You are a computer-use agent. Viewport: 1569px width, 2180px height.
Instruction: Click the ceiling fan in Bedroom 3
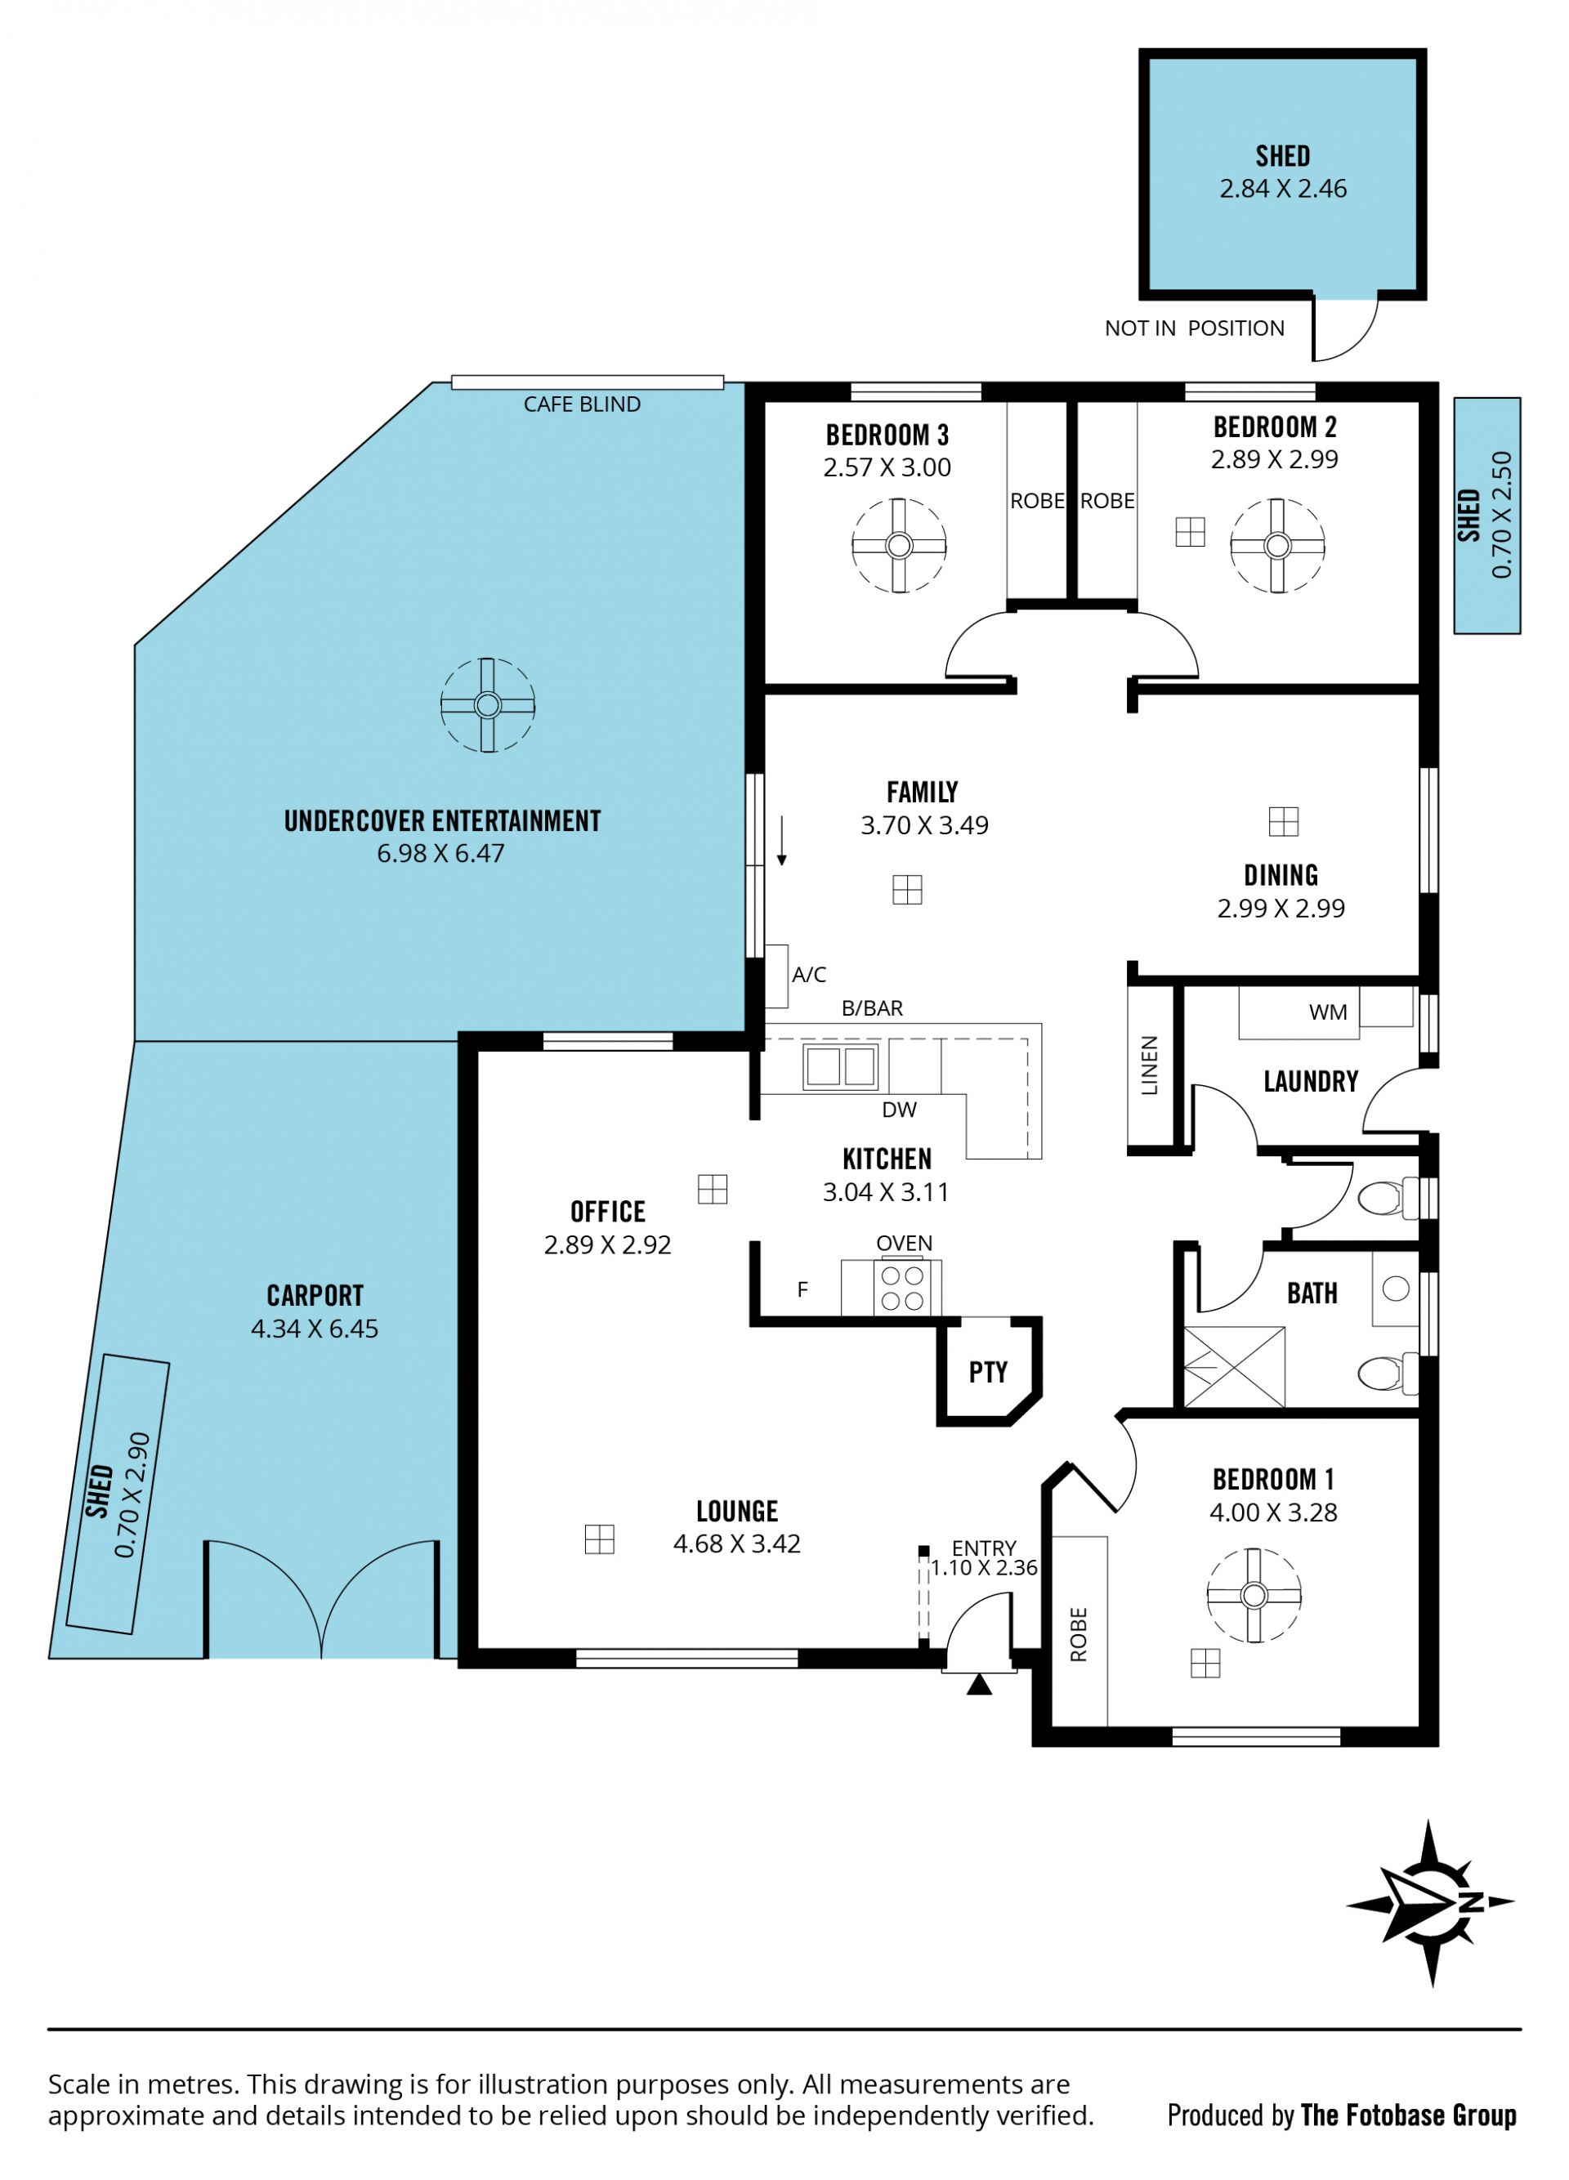(898, 545)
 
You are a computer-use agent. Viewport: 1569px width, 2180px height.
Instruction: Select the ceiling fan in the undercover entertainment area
(487, 705)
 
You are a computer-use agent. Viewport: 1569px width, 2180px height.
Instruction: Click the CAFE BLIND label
(582, 404)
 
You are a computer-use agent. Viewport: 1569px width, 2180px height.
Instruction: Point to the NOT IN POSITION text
(1194, 328)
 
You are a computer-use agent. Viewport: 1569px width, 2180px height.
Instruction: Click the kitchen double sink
(840, 1065)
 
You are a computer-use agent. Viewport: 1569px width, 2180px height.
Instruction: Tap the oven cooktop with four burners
(903, 1288)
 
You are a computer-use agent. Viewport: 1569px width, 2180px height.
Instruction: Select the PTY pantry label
(987, 1372)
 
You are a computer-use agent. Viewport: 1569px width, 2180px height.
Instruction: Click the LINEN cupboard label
(1149, 1065)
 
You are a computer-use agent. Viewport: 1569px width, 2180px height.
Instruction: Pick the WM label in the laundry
(1328, 1012)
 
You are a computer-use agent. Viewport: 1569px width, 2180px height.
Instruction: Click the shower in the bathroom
(1233, 1367)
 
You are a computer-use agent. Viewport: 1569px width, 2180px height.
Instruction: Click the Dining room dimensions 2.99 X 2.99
(1281, 909)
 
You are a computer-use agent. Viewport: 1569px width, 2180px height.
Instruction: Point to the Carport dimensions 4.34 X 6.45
(315, 1329)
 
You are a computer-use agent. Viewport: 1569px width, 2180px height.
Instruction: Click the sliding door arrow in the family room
(781, 841)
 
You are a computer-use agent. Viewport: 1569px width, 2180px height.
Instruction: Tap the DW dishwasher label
(899, 1110)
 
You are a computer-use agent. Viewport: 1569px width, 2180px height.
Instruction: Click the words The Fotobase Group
(1409, 2115)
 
